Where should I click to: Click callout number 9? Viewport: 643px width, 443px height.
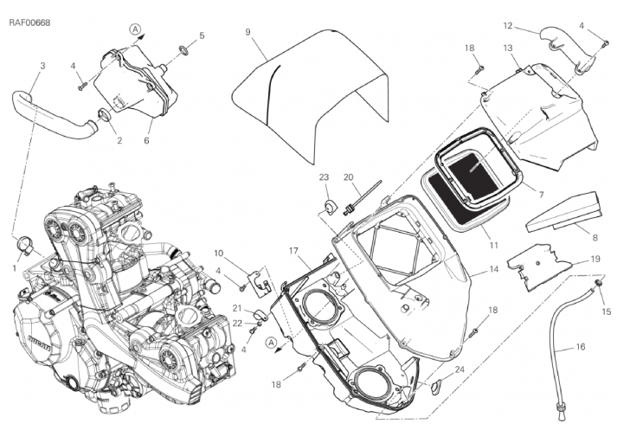pyautogui.click(x=248, y=33)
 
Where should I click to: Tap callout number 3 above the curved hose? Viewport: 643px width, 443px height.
pyautogui.click(x=42, y=66)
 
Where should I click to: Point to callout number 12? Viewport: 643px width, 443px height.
pyautogui.click(x=532, y=26)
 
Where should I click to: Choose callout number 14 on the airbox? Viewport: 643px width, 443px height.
pyautogui.click(x=493, y=270)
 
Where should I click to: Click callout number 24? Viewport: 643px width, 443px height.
pyautogui.click(x=459, y=369)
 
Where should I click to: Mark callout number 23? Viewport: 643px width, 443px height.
pyautogui.click(x=325, y=178)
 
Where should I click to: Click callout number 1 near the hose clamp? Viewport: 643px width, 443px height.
pyautogui.click(x=15, y=268)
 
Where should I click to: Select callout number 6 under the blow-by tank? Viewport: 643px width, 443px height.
pyautogui.click(x=147, y=140)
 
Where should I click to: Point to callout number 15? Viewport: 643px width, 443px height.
pyautogui.click(x=606, y=311)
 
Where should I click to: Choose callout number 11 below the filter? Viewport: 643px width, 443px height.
pyautogui.click(x=493, y=246)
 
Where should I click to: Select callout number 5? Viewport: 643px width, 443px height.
pyautogui.click(x=202, y=36)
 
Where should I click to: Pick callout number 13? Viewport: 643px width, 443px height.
pyautogui.click(x=507, y=48)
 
